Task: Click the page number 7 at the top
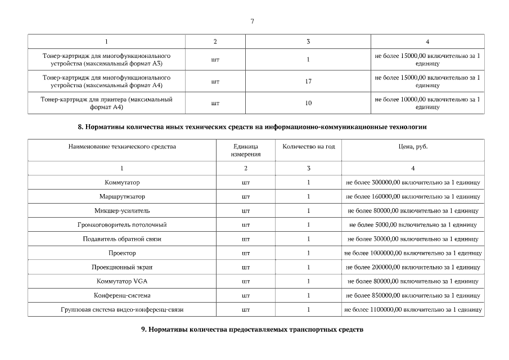pyautogui.click(x=252, y=21)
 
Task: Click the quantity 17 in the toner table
pyautogui.click(x=308, y=82)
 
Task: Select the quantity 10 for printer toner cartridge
pyautogui.click(x=308, y=103)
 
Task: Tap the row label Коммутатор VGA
pyautogui.click(x=122, y=281)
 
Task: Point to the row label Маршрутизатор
pyautogui.click(x=122, y=196)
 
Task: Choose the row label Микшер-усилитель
pyautogui.click(x=122, y=210)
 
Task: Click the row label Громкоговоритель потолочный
pyautogui.click(x=122, y=224)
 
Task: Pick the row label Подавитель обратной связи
pyautogui.click(x=122, y=238)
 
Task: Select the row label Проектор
pyautogui.click(x=122, y=253)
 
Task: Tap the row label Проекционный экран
pyautogui.click(x=122, y=267)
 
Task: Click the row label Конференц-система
pyautogui.click(x=122, y=295)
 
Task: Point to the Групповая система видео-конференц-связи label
pyautogui.click(x=122, y=309)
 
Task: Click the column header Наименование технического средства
pyautogui.click(x=122, y=147)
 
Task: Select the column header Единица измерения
pyautogui.click(x=246, y=150)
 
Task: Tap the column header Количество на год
pyautogui.click(x=308, y=147)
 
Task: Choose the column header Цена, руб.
pyautogui.click(x=413, y=147)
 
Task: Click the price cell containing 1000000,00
pyautogui.click(x=413, y=253)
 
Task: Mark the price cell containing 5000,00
pyautogui.click(x=413, y=224)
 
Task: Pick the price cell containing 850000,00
pyautogui.click(x=413, y=295)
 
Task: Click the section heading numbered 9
pyautogui.click(x=253, y=329)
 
